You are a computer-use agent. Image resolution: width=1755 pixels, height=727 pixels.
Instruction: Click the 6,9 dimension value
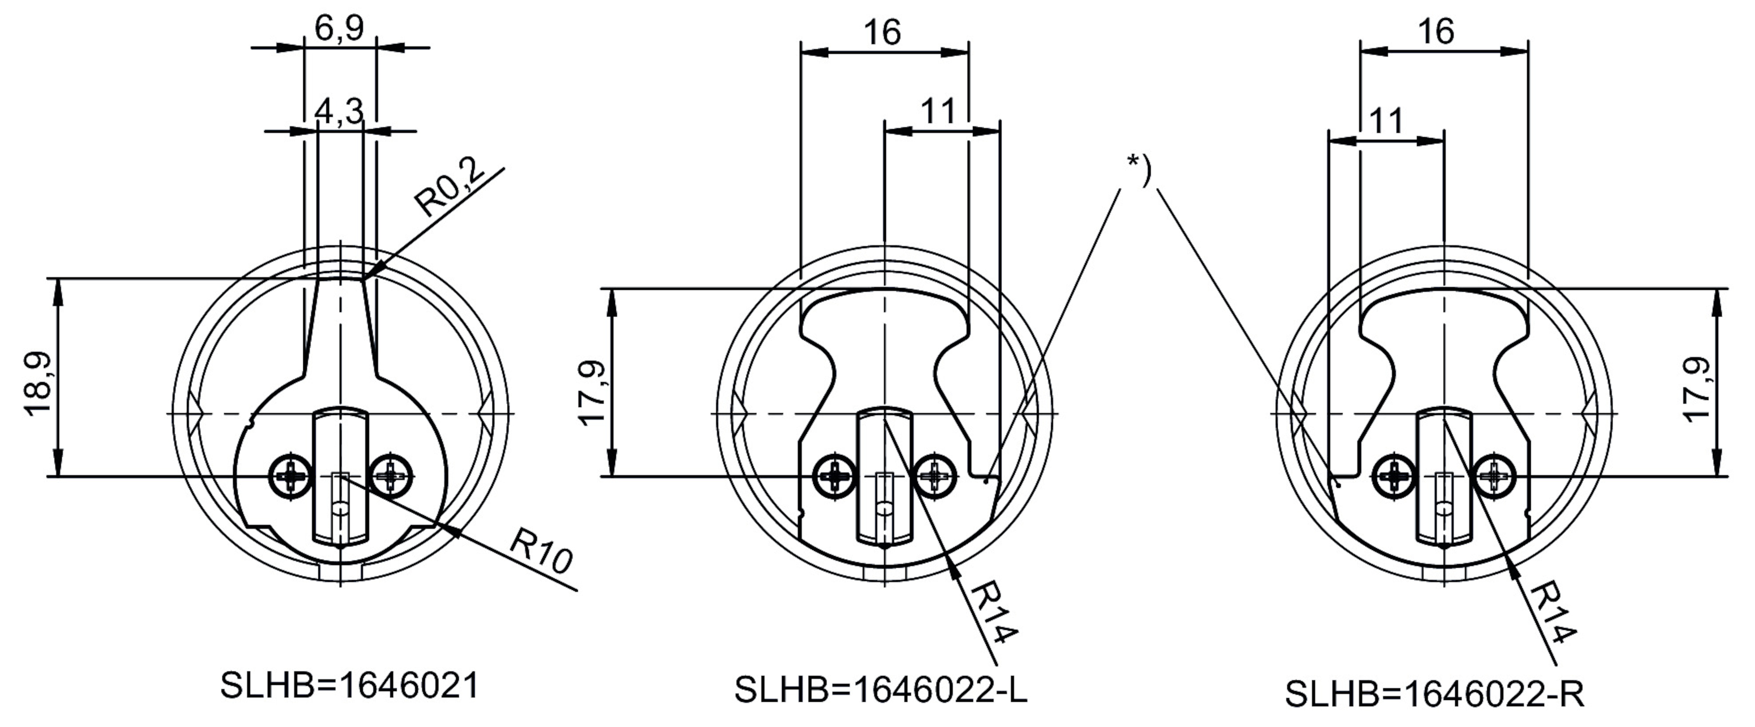pos(339,29)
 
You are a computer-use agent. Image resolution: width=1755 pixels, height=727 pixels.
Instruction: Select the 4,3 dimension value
pos(339,111)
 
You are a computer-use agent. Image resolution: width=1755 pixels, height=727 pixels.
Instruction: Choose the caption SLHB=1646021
pos(350,686)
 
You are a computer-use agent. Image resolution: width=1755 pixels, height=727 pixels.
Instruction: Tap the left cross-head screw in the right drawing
pos(1395,474)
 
